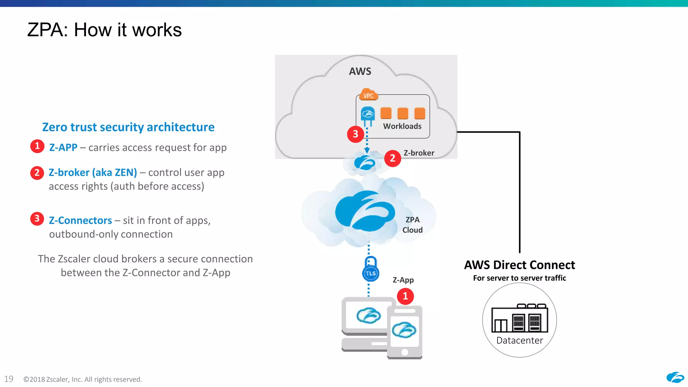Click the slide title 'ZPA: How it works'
tap(104, 30)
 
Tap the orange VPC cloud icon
tap(369, 95)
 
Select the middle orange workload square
tap(402, 114)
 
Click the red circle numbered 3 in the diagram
tap(355, 134)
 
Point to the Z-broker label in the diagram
tap(419, 153)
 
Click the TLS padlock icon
tap(371, 269)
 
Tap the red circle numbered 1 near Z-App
tap(405, 296)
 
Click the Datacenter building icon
tap(519, 318)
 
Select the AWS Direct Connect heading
tap(519, 265)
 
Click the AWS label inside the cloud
tap(360, 71)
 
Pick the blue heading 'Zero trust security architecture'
tap(128, 127)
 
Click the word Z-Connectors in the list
tap(80, 220)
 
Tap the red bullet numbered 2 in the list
tap(37, 173)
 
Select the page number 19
tap(9, 379)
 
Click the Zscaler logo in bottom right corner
tap(675, 378)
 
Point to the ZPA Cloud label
tap(413, 225)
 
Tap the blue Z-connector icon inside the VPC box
tap(368, 115)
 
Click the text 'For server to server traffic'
tap(519, 278)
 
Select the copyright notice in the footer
tap(83, 379)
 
